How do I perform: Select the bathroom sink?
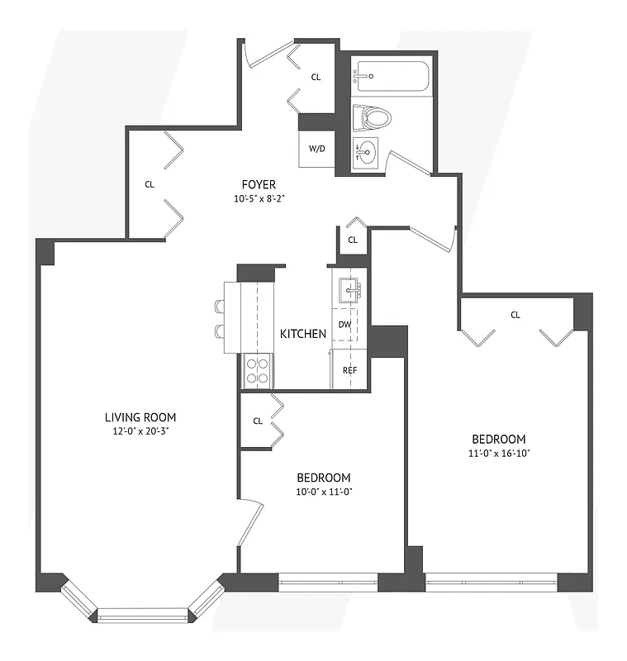(367, 152)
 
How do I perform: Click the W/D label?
(316, 150)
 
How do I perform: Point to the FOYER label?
(259, 184)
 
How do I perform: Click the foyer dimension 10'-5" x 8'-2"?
(259, 198)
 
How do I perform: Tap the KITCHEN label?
(302, 334)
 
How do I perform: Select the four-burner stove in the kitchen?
(259, 370)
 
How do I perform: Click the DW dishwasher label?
(344, 325)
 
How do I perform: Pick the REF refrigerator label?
(349, 369)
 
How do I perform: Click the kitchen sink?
(348, 288)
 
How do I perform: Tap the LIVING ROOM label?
(140, 417)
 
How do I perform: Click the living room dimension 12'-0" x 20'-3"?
(140, 431)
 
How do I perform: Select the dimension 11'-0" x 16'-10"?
(498, 454)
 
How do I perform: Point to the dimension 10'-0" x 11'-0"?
(324, 492)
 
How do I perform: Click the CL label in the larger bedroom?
(515, 315)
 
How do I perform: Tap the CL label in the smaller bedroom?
(257, 421)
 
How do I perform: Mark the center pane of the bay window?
(143, 615)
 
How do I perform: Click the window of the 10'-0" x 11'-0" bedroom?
(328, 583)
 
